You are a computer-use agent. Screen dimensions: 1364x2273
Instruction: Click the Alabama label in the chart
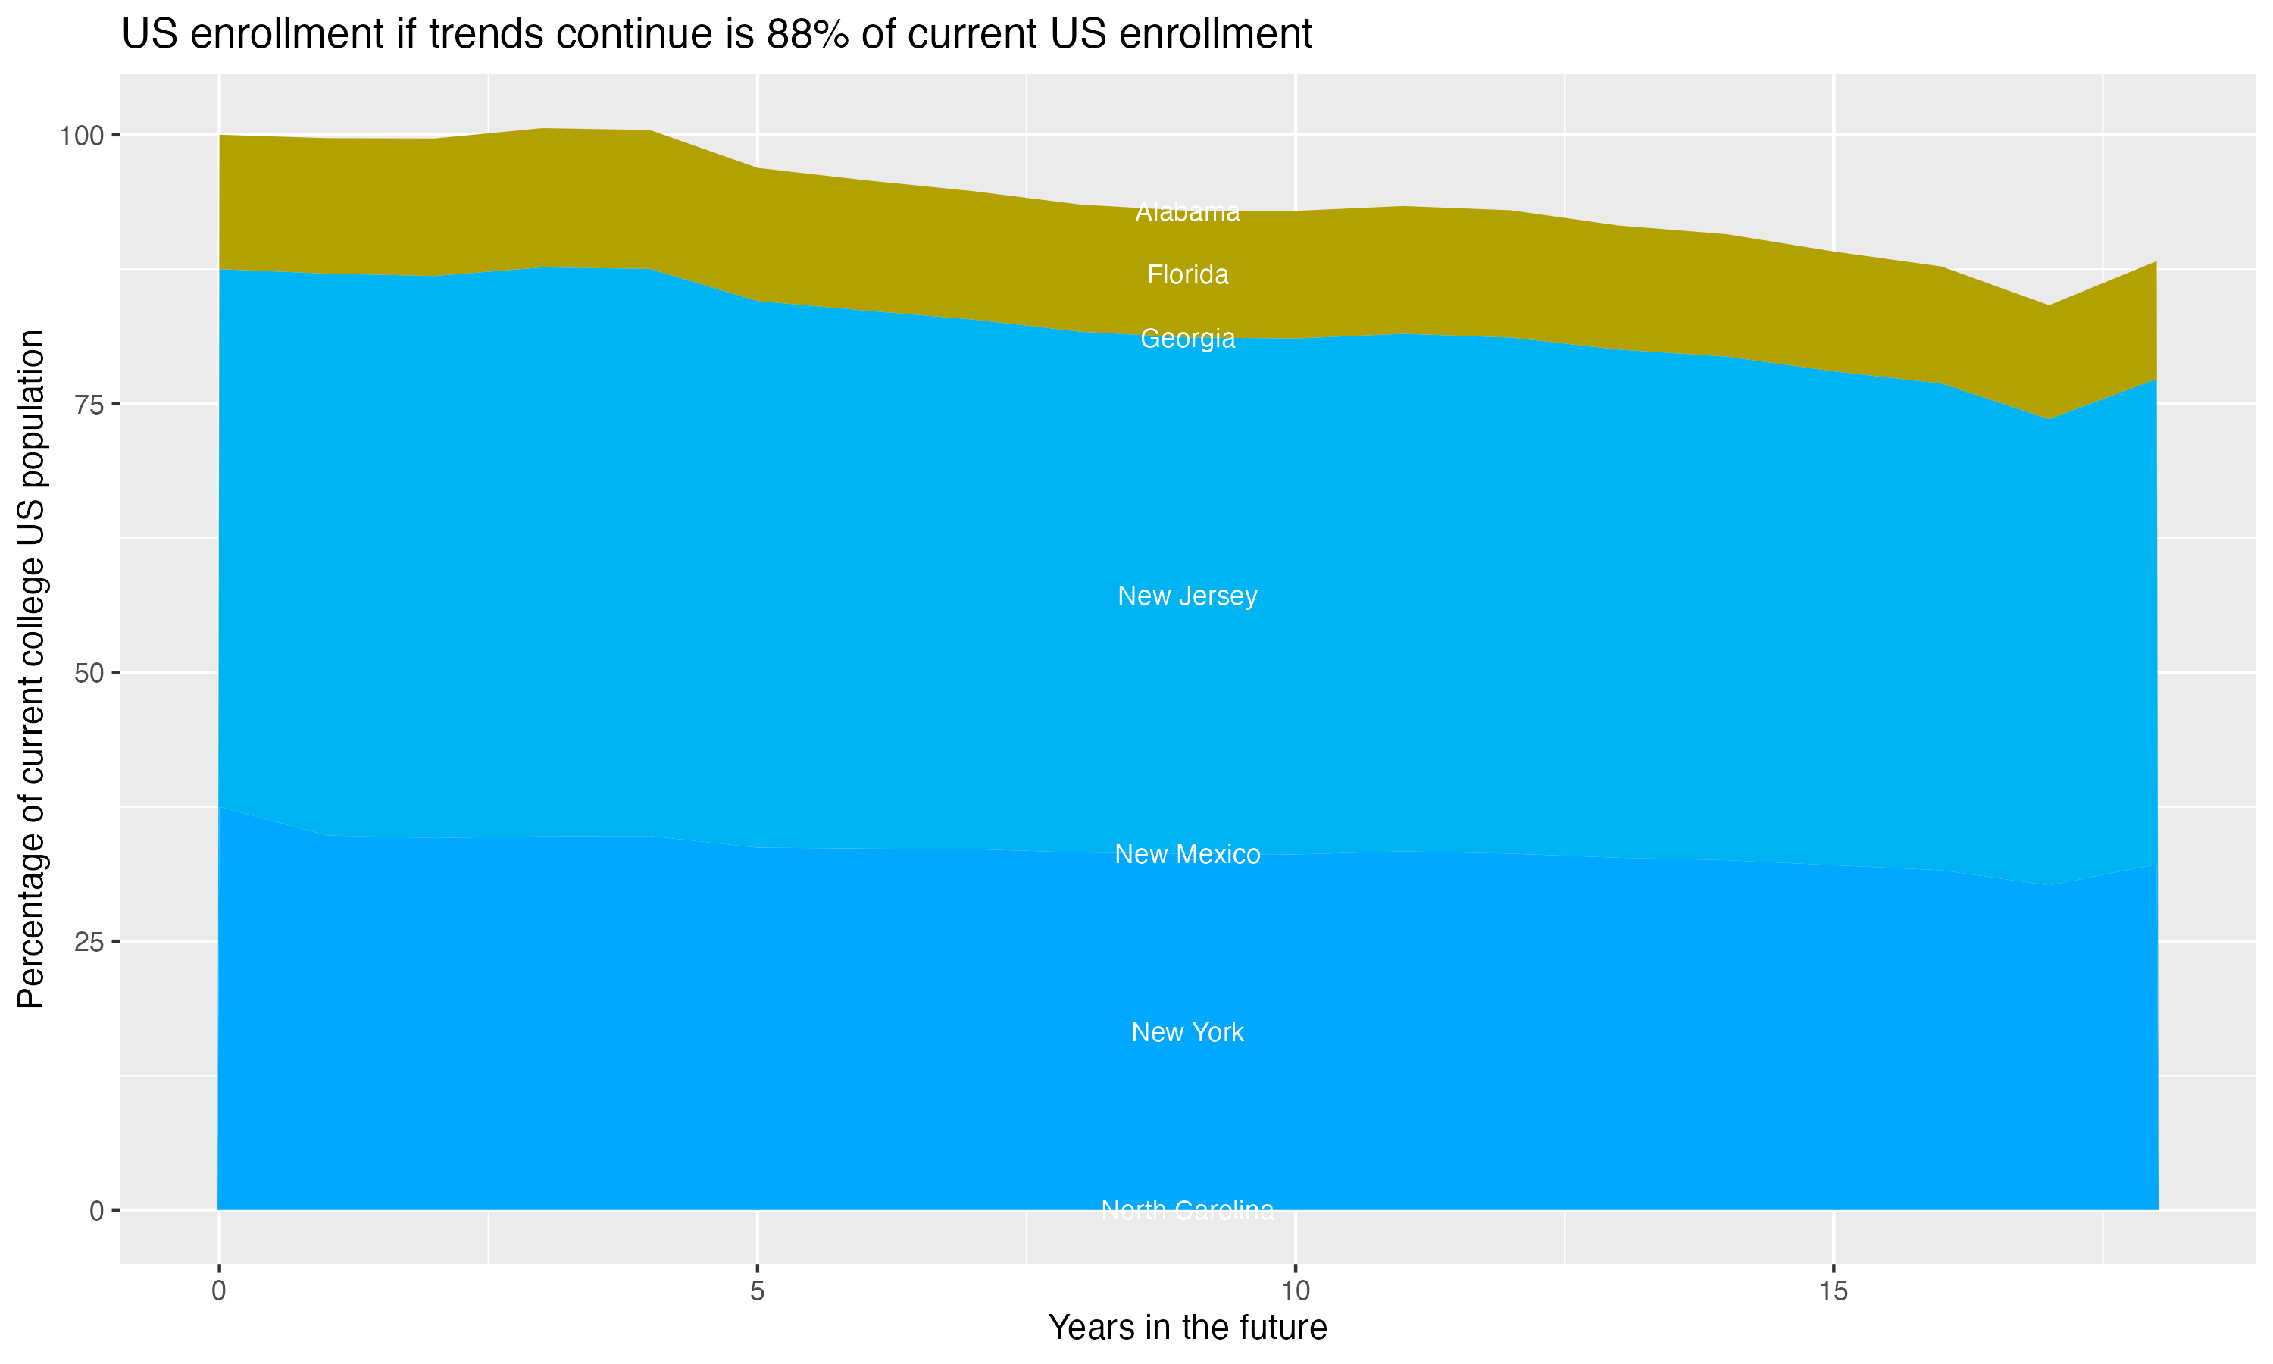1187,212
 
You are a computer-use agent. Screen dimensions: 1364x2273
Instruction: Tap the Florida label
1187,275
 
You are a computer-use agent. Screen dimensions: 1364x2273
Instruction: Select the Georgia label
1187,338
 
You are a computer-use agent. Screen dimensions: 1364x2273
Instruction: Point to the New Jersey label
1187,596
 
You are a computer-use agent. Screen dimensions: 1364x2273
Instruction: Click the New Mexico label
1187,854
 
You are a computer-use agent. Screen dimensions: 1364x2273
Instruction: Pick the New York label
1187,1032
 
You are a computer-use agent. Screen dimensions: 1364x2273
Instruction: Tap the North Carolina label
1187,1209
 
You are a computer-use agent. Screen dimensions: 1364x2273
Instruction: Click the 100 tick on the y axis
81,136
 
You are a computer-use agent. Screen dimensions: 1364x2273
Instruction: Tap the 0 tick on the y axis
95,1210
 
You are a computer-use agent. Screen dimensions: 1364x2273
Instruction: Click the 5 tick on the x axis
757,1290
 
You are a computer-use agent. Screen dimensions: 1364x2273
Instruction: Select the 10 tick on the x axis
1296,1290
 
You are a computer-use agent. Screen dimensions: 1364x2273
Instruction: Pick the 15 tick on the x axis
1833,1290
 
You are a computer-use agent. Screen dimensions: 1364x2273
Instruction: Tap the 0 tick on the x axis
219,1290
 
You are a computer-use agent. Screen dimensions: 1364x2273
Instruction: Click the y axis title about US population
31,669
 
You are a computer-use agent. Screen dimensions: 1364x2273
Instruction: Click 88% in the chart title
808,35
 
